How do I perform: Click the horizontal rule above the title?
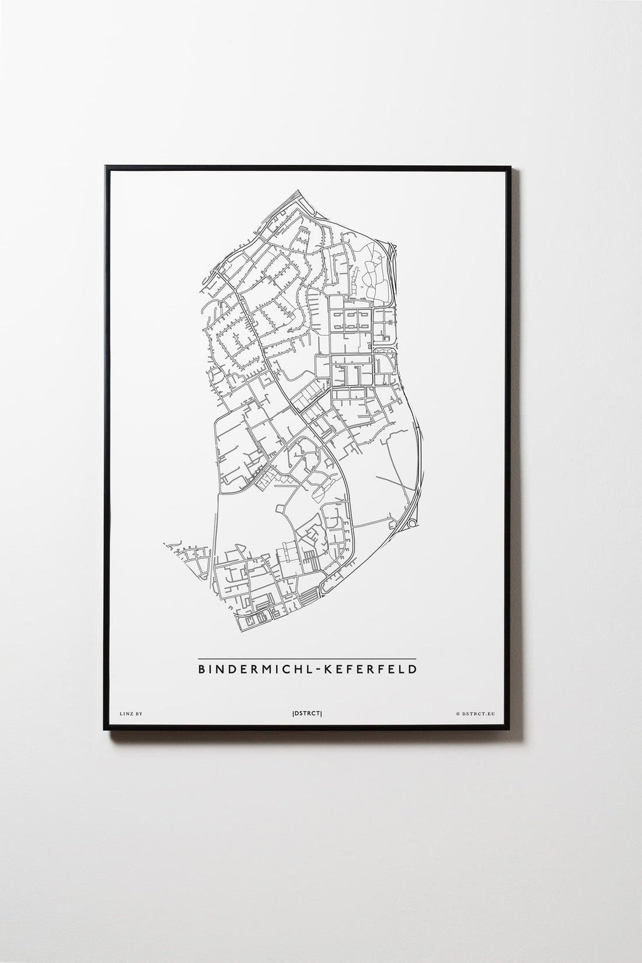click(x=307, y=658)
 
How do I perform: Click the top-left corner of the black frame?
click(x=105, y=167)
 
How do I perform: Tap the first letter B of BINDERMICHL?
click(x=202, y=669)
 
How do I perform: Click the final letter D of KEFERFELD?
click(x=412, y=669)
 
